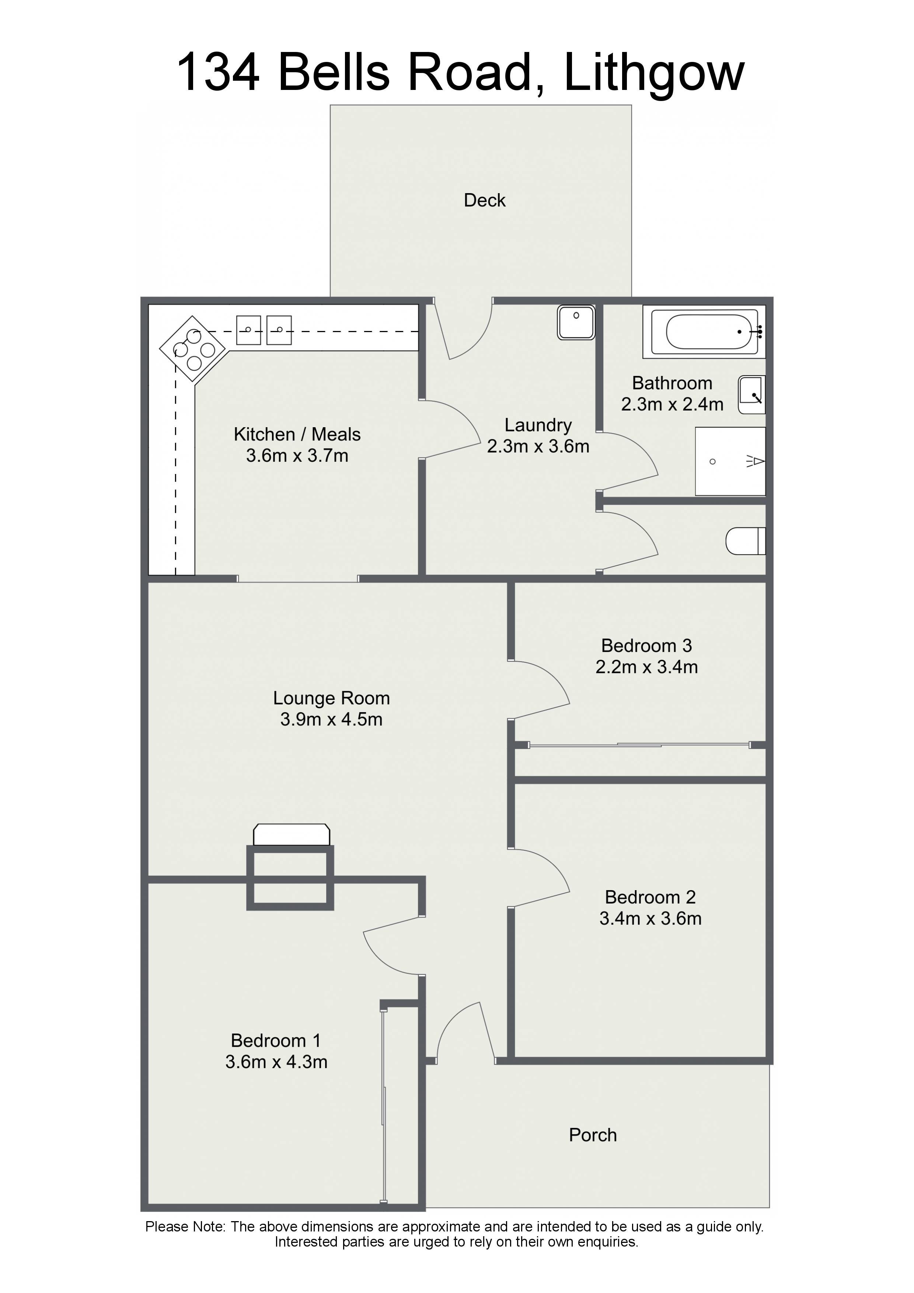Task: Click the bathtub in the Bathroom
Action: (x=704, y=332)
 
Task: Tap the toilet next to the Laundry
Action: (x=746, y=541)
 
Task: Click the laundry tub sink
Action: (x=576, y=322)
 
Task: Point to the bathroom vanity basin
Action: (x=752, y=395)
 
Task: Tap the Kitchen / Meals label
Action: (x=297, y=434)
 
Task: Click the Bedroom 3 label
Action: (x=646, y=645)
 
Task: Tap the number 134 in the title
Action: (x=218, y=72)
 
